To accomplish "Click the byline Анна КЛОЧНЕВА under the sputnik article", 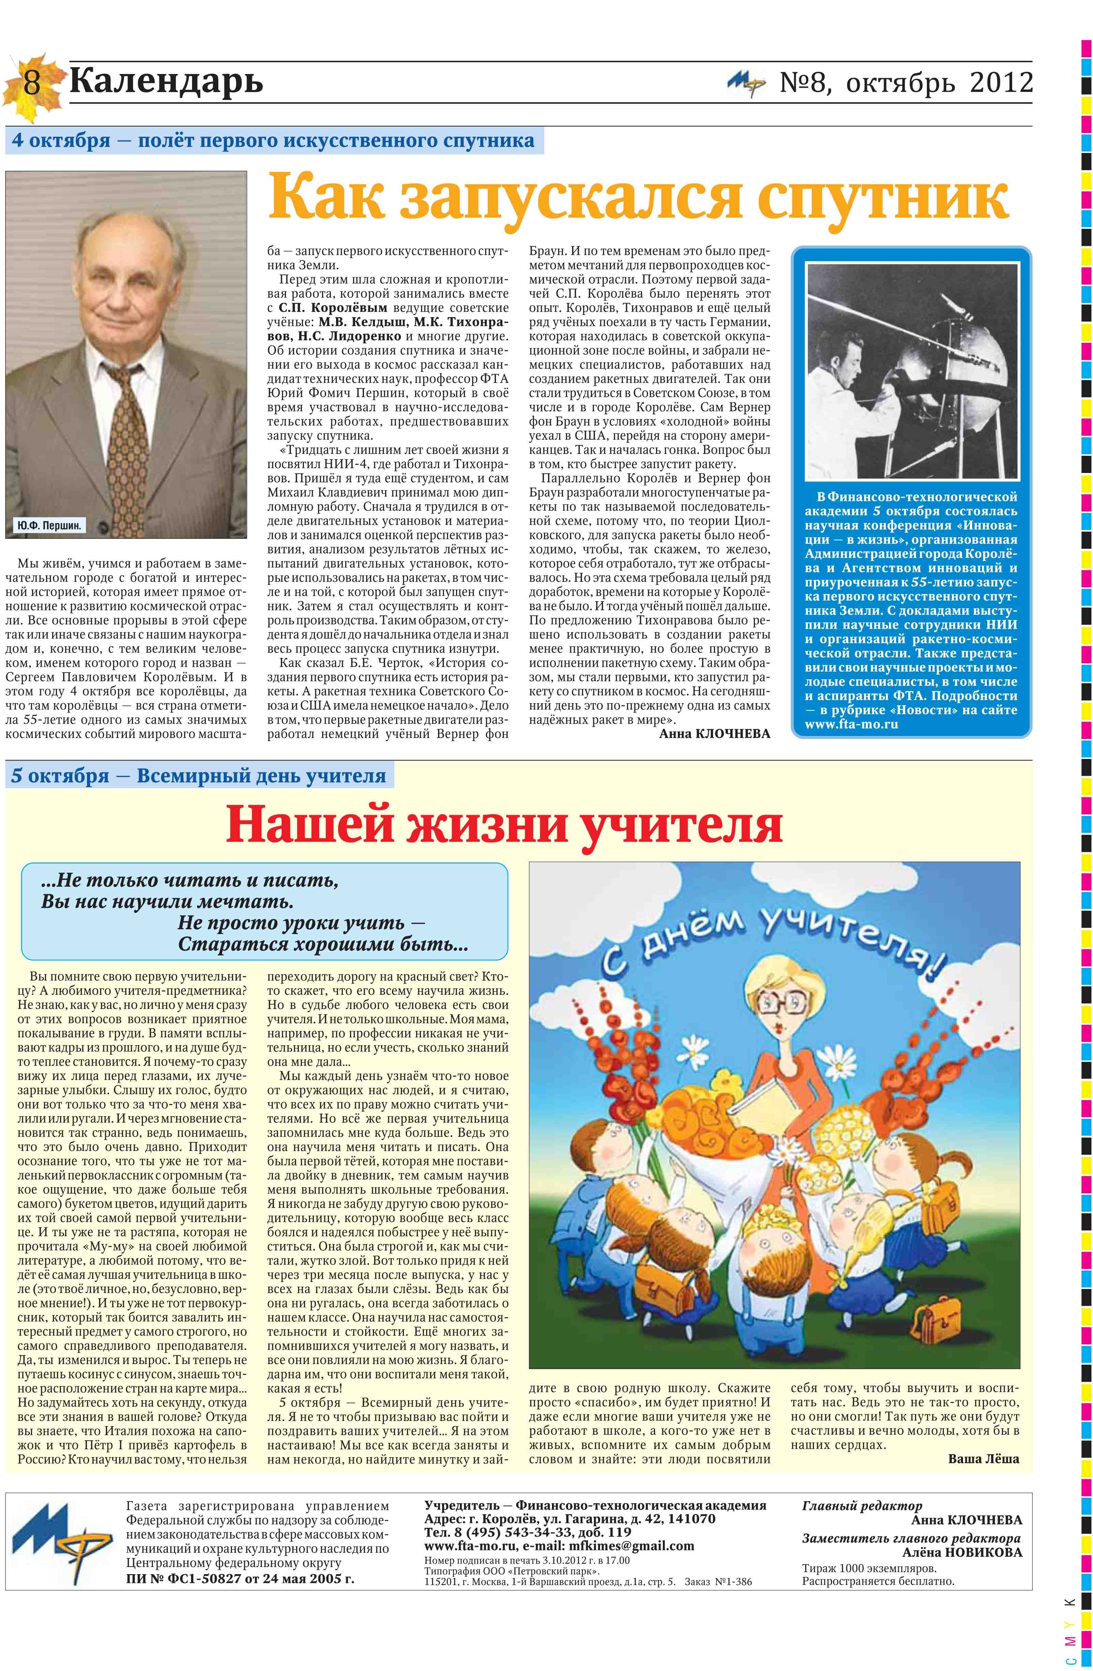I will pos(714,734).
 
